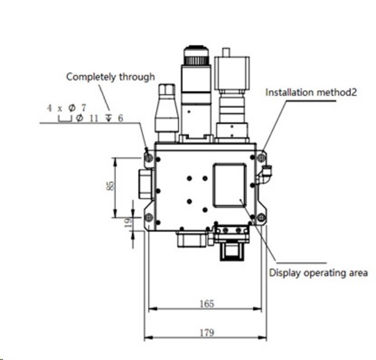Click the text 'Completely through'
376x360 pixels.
click(110, 77)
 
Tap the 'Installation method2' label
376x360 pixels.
click(311, 92)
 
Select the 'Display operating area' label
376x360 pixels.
click(319, 273)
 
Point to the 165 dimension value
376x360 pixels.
click(206, 304)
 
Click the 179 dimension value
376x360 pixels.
click(206, 333)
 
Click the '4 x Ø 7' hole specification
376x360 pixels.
click(67, 108)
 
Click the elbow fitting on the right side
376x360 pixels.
click(267, 173)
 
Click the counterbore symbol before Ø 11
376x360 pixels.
click(64, 119)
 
